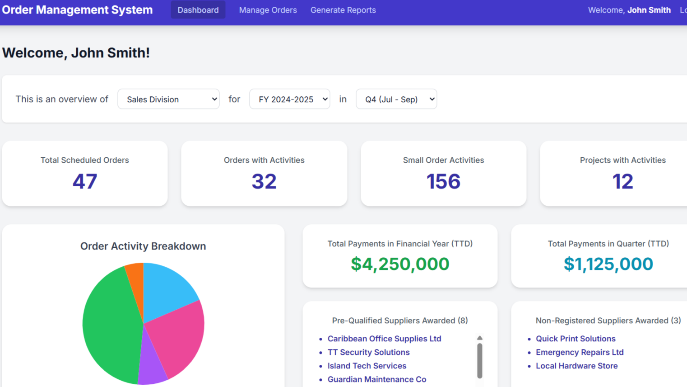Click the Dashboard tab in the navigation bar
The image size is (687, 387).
tap(198, 10)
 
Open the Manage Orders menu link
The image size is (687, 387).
tap(268, 10)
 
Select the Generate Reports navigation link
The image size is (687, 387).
tap(343, 10)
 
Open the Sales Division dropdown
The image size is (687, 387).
tap(168, 99)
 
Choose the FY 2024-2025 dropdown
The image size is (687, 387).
tap(289, 99)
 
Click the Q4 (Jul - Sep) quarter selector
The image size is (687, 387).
tap(396, 99)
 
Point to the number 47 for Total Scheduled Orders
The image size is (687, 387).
tap(85, 181)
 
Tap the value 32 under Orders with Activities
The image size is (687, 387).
tap(264, 181)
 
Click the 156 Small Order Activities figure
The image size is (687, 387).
tap(443, 181)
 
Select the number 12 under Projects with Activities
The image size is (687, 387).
tap(622, 181)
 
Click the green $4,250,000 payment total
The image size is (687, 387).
tap(400, 264)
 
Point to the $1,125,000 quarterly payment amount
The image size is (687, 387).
tap(608, 264)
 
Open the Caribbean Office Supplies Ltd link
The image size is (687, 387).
tap(384, 339)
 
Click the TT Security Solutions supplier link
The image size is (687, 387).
tap(368, 352)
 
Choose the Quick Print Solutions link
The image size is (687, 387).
tap(576, 339)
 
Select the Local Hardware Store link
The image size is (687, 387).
tap(576, 366)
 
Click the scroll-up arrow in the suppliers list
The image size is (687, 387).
tap(480, 338)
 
